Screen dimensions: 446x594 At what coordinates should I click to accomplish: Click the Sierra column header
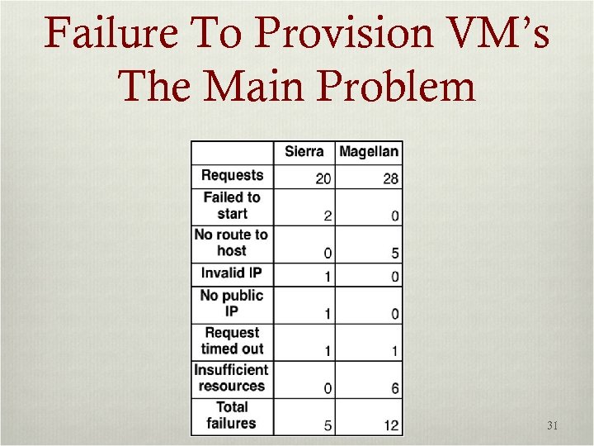point(304,151)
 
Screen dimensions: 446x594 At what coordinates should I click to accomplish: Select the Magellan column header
point(369,151)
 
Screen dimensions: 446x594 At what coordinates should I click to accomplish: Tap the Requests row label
point(232,175)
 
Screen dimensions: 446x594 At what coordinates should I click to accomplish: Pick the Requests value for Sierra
point(323,179)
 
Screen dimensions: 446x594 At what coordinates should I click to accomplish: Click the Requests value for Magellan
point(391,179)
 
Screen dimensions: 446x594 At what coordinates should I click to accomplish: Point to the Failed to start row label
point(232,205)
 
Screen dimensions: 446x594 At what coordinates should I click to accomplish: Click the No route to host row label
point(232,242)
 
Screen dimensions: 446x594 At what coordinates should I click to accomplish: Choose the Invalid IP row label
point(232,273)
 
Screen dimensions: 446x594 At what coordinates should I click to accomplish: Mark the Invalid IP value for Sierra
point(328,277)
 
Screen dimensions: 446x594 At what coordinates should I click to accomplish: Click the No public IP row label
point(232,303)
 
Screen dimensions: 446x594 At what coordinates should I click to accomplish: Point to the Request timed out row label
point(232,340)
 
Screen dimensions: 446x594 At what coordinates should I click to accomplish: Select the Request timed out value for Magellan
point(395,352)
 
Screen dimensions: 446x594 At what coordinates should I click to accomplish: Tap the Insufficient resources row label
point(232,377)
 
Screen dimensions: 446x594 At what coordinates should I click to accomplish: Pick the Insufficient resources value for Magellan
point(395,389)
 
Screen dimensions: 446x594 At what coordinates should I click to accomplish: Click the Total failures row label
point(232,415)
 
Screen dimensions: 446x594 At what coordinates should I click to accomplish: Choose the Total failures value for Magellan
point(391,426)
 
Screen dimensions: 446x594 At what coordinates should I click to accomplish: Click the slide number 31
point(553,426)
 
